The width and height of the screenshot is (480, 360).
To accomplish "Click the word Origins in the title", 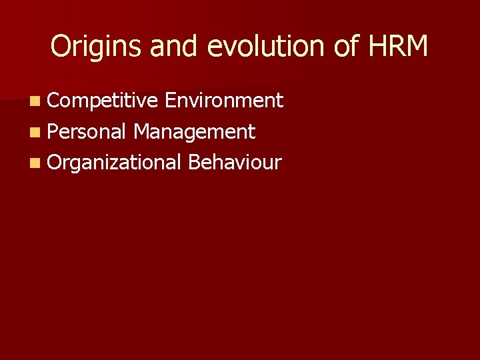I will click(97, 47).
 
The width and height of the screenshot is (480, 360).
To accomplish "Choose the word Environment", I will click(224, 101).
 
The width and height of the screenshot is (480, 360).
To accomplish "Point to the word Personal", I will click(87, 132).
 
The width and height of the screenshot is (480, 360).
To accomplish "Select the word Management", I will click(194, 132).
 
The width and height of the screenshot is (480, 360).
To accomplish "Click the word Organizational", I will click(115, 162).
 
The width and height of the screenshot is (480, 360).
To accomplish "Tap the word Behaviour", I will click(235, 162).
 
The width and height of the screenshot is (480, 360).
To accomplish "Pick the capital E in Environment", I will click(170, 101).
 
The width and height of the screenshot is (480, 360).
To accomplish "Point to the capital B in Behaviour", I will click(194, 162).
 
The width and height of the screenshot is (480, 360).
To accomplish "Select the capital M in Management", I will click(141, 132).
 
